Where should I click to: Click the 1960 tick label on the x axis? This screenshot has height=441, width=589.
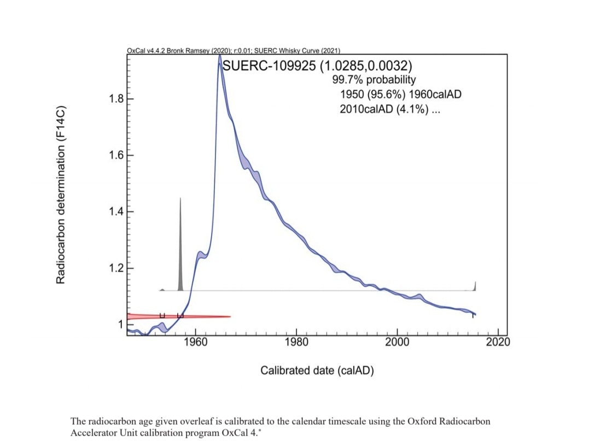pos(195,343)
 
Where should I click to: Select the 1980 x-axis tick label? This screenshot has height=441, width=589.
pos(296,343)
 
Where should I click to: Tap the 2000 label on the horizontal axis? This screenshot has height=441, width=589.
pos(397,343)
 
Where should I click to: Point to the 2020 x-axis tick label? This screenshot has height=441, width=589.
pos(498,343)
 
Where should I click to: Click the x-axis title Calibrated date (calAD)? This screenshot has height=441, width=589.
pos(317,371)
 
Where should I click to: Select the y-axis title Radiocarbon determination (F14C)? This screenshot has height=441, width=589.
pos(61,193)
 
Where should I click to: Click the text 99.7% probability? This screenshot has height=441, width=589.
pos(374,80)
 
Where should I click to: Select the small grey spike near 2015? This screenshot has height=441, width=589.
pos(475,286)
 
